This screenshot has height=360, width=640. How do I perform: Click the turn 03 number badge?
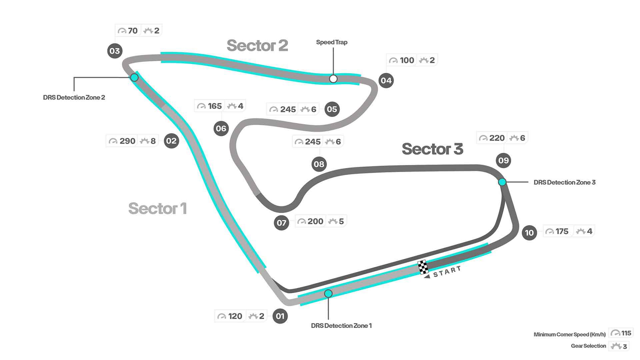[115, 51]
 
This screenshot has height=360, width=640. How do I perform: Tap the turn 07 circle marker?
[281, 223]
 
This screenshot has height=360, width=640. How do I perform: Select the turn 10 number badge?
[529, 233]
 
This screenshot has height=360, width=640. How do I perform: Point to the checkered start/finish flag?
[423, 267]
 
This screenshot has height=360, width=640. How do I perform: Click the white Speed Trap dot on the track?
[333, 79]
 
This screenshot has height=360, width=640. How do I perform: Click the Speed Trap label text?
[332, 42]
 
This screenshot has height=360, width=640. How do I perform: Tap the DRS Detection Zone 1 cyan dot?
[328, 293]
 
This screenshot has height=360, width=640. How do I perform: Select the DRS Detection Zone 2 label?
[74, 97]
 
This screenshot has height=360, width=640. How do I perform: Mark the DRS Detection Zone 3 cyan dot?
[502, 182]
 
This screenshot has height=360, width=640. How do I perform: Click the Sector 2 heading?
[257, 46]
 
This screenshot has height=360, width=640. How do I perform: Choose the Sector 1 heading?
[157, 208]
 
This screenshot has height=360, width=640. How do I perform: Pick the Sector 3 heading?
[432, 149]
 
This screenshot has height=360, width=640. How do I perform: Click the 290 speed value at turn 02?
[127, 141]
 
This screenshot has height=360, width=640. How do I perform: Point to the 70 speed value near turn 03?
[133, 31]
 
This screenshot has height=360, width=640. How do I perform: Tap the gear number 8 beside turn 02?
[153, 141]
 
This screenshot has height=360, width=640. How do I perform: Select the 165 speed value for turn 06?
[215, 106]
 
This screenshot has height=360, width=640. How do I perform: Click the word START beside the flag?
[447, 271]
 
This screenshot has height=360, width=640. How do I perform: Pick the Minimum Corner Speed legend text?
[570, 334]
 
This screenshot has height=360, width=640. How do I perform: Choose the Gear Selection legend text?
[588, 346]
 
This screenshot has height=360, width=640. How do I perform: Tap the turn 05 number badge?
[332, 109]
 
